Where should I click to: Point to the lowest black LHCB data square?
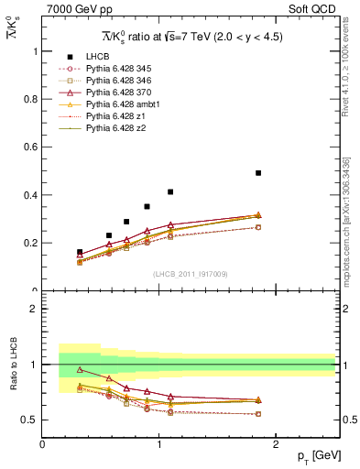click(80, 252)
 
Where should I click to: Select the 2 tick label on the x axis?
click(278, 443)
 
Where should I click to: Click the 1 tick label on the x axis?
click(159, 443)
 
